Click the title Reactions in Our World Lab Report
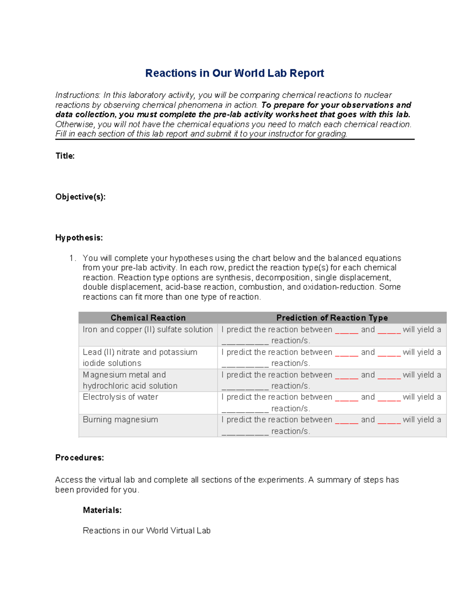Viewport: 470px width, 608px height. pyautogui.click(x=234, y=73)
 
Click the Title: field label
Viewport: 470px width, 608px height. pyautogui.click(x=65, y=156)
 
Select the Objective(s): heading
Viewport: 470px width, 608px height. pyautogui.click(x=80, y=197)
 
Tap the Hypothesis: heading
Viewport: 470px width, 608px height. pyautogui.click(x=79, y=238)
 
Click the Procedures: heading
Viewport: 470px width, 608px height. pyautogui.click(x=80, y=458)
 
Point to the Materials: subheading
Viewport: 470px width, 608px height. pyautogui.click(x=102, y=510)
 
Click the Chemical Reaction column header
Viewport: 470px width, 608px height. pyautogui.click(x=148, y=318)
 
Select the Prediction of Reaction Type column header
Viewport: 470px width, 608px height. pyautogui.click(x=332, y=318)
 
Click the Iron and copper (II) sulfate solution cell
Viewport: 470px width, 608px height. pyautogui.click(x=148, y=330)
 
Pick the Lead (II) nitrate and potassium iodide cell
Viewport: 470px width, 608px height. pyautogui.click(x=140, y=357)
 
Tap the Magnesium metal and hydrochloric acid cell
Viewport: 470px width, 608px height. pyautogui.click(x=130, y=380)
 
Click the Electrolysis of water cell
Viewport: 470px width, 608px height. pyautogui.click(x=120, y=397)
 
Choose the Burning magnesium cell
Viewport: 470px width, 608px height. pyautogui.click(x=120, y=420)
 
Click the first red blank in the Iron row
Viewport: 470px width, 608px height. pyautogui.click(x=346, y=331)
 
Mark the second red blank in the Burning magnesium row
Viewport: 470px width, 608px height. pyautogui.click(x=389, y=421)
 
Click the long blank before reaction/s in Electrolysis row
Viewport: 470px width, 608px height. pyautogui.click(x=245, y=410)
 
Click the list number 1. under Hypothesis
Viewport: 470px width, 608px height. pyautogui.click(x=72, y=258)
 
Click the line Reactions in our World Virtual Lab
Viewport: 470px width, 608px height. pyautogui.click(x=146, y=530)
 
